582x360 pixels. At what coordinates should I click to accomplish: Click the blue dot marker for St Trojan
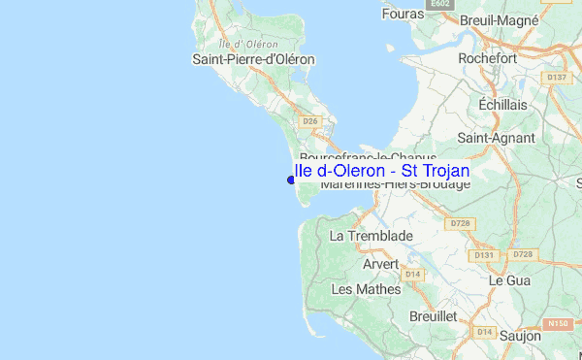[x=291, y=179]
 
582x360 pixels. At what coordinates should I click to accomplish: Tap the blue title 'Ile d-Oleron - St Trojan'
[x=381, y=171]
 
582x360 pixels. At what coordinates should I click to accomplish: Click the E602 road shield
[x=442, y=5]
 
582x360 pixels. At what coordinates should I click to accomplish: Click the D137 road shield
[x=557, y=77]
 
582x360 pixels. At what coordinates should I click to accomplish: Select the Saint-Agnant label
[x=498, y=138]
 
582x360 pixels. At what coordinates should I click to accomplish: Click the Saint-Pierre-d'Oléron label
[x=254, y=59]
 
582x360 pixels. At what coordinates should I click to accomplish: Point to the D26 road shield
[x=310, y=121]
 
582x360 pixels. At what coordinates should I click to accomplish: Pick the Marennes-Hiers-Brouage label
[x=395, y=184]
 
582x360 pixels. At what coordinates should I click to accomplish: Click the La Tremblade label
[x=372, y=236]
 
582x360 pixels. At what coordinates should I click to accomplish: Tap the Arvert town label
[x=381, y=264]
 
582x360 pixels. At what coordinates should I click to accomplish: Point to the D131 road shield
[x=484, y=255]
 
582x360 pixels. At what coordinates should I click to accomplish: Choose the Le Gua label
[x=508, y=279]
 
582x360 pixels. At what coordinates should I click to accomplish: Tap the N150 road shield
[x=556, y=323]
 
